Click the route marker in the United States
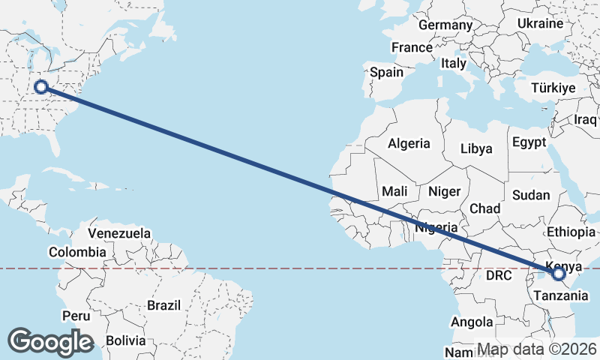tap(41, 87)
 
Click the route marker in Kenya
tap(559, 274)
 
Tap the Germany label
tap(445, 25)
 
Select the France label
tap(412, 47)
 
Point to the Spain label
tap(386, 73)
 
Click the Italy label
tap(454, 64)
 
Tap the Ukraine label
tap(540, 23)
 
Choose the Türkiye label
tap(552, 88)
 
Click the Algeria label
tap(409, 143)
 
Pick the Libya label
tap(476, 148)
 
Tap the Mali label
tap(394, 191)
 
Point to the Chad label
tap(484, 208)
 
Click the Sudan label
tap(531, 195)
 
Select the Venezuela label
tap(119, 233)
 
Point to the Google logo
tap(50, 342)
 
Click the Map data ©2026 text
tap(536, 349)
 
